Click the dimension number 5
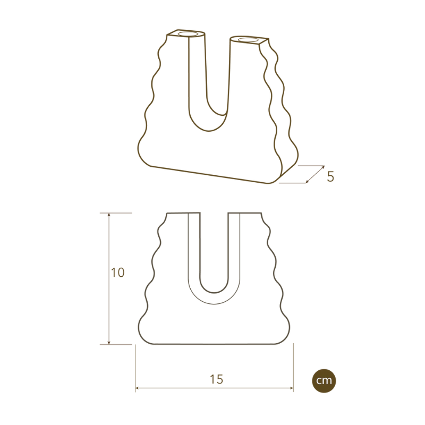(330, 176)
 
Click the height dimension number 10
(118, 273)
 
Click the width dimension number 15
(216, 379)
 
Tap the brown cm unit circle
(324, 380)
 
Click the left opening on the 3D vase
(186, 35)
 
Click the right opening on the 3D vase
(247, 40)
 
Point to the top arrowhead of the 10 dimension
(109, 215)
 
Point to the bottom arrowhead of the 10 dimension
(109, 342)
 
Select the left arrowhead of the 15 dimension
(138, 388)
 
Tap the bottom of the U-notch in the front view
(214, 292)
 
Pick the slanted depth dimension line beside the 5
(315, 175)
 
